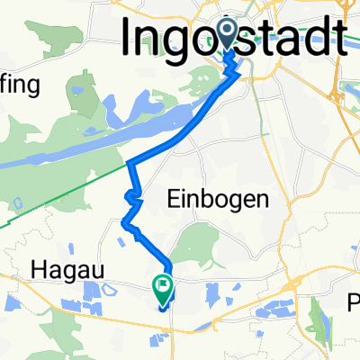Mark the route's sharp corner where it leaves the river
(x=130, y=163)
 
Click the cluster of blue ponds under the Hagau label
(x=93, y=292)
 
